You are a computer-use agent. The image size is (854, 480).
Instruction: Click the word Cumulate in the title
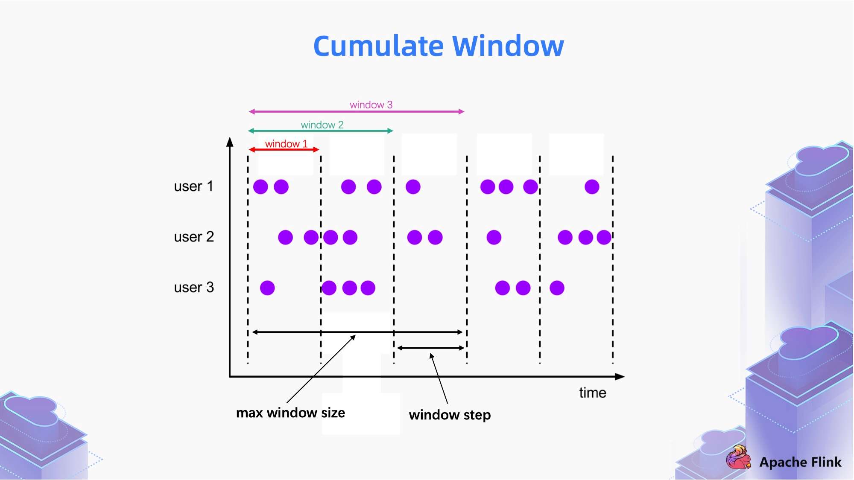tap(378, 46)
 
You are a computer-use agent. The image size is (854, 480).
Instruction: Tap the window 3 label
tap(371, 105)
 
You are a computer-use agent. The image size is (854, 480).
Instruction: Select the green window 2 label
tap(322, 125)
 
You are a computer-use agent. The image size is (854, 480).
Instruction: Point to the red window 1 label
tap(286, 144)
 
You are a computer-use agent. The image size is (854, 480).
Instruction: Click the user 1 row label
tap(193, 186)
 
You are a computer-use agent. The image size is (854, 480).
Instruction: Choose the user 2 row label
tap(193, 237)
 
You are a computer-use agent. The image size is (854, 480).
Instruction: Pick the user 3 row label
tap(193, 288)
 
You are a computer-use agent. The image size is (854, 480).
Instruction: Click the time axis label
tap(592, 393)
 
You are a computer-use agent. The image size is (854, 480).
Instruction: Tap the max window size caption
tap(290, 413)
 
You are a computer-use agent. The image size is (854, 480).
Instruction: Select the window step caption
tap(450, 415)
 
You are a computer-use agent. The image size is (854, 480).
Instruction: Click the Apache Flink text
tap(800, 462)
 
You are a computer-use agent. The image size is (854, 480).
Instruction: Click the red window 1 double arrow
tap(284, 150)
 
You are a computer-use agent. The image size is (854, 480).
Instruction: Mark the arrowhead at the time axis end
tap(620, 377)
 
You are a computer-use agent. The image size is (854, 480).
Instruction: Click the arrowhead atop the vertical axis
tap(230, 142)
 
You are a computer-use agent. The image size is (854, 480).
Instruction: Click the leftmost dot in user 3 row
tap(267, 288)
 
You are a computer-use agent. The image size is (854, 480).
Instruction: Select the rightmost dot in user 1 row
tap(592, 187)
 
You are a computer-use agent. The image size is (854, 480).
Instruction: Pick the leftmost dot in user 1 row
tap(260, 187)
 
